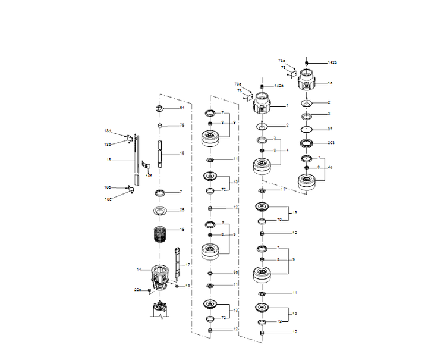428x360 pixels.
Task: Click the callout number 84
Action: point(182,108)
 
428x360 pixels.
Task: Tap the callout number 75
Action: point(182,126)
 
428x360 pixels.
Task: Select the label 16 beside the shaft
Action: point(182,154)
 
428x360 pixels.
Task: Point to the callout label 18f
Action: point(149,176)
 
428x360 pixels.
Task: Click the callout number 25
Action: point(182,210)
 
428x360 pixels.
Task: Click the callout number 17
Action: point(188,264)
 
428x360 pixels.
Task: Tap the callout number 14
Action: point(139,270)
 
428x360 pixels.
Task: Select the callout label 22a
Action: point(137,289)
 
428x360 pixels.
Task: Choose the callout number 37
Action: point(331,129)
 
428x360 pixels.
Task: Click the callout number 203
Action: point(331,143)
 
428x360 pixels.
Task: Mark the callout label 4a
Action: point(330,168)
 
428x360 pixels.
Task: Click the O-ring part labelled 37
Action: point(307,129)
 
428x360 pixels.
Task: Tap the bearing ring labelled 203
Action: point(307,143)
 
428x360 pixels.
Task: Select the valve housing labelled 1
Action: point(262,107)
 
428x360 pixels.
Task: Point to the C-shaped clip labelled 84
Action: point(160,108)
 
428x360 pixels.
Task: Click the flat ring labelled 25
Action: point(160,211)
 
